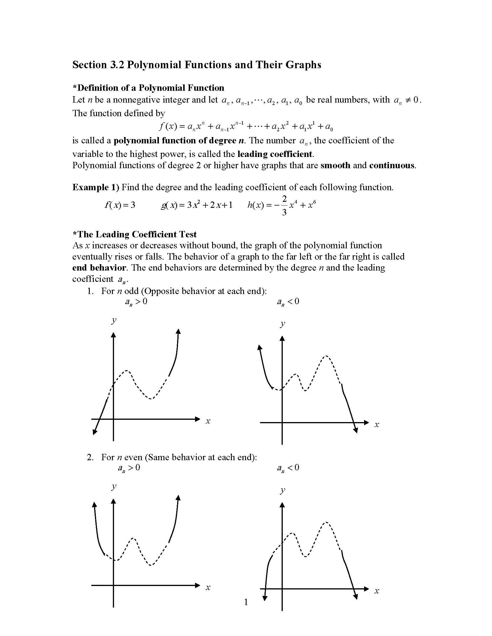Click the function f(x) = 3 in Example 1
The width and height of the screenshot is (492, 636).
[x=120, y=205]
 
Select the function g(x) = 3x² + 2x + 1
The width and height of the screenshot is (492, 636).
[x=197, y=205]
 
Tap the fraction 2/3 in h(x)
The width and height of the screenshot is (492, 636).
[x=284, y=206]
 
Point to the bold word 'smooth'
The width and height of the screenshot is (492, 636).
[x=335, y=165]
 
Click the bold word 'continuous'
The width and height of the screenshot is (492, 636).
[x=392, y=165]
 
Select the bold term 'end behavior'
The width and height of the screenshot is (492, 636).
[x=99, y=268]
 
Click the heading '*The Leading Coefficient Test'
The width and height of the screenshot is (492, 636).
[x=134, y=234]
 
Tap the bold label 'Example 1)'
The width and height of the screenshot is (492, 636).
[x=96, y=187]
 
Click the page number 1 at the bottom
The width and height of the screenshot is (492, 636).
[x=246, y=602]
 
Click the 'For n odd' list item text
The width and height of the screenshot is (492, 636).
[x=183, y=291]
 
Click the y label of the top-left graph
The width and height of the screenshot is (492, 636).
[x=114, y=321]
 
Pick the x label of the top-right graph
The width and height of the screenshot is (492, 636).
[x=377, y=424]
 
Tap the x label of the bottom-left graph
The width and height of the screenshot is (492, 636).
[x=208, y=587]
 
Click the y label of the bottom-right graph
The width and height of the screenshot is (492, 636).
[x=282, y=490]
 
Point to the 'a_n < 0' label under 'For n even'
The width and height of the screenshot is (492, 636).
[x=288, y=468]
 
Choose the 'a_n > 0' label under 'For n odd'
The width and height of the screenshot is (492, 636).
[x=136, y=302]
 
